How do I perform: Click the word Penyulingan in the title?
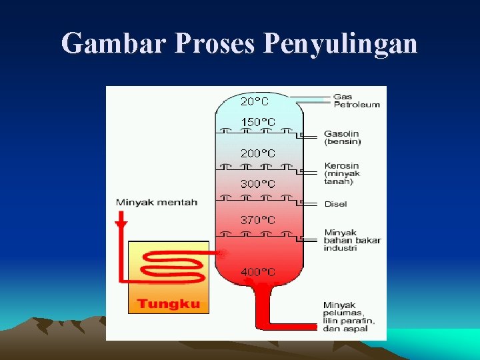341,43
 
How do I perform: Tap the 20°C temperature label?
255,101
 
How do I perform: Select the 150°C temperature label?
257,122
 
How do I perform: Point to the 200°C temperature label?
257,153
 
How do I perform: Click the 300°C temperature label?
257,184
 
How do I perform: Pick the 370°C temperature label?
257,219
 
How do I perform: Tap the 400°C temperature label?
257,272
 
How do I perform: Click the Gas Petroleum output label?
356,101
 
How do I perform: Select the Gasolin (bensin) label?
343,137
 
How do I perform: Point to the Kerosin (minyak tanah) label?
341,173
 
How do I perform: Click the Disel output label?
335,204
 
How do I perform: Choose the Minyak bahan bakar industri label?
352,240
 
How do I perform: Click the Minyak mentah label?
157,203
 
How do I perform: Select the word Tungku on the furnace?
168,304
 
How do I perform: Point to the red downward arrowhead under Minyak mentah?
121,221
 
